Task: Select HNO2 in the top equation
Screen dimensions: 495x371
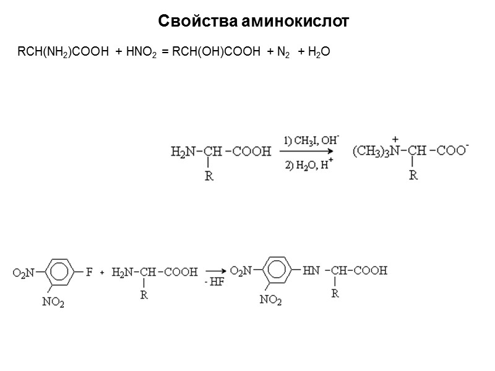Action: coord(142,54)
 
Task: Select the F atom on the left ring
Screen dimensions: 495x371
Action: coord(88,271)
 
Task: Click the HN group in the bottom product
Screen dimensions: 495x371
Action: coord(311,271)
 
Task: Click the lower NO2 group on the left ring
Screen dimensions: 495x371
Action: coord(53,302)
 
